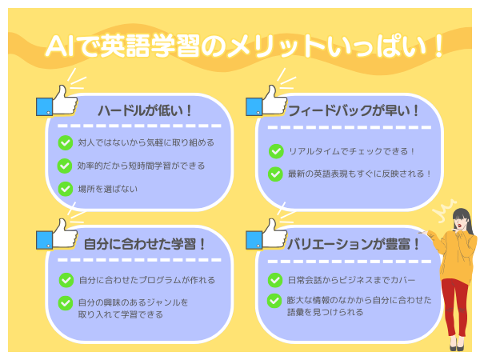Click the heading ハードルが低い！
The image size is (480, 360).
(x=145, y=110)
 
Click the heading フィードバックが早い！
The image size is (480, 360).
(x=354, y=110)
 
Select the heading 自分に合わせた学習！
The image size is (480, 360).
(x=145, y=244)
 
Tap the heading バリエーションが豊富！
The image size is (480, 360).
(x=354, y=244)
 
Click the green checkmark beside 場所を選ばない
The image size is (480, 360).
(x=66, y=189)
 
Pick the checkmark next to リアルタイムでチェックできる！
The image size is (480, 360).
(x=276, y=151)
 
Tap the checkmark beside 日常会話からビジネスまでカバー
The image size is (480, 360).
(x=275, y=280)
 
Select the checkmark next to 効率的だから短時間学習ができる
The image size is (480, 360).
(x=65, y=166)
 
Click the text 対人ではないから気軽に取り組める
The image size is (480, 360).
(x=146, y=142)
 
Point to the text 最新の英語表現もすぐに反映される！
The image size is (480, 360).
(x=359, y=174)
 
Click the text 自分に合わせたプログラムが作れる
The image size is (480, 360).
(x=147, y=280)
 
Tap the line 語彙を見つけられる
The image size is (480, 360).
(x=325, y=312)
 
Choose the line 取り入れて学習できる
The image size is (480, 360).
(x=120, y=314)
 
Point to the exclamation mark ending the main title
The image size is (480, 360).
(x=438, y=46)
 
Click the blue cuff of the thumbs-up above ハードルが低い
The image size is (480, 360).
(x=44, y=107)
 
